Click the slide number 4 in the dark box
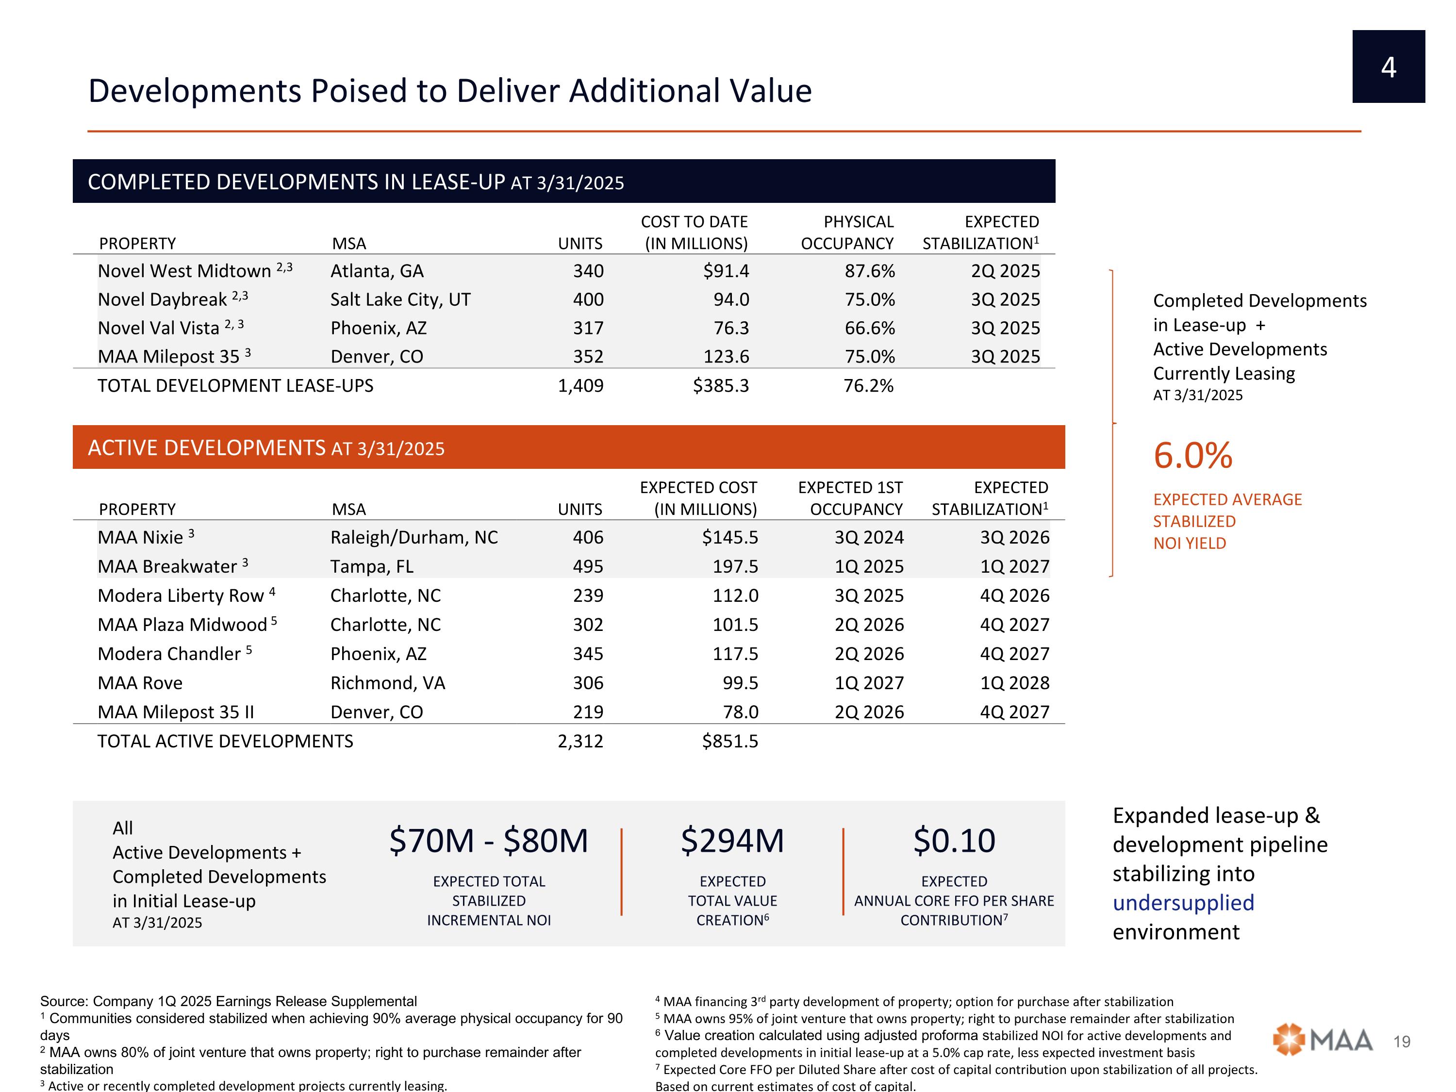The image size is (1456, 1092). [1388, 67]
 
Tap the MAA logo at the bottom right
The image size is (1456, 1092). [1323, 1040]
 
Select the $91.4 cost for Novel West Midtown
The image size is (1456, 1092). [726, 271]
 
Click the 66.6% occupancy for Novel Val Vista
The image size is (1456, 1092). [870, 328]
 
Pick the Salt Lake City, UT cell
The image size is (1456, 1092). [400, 299]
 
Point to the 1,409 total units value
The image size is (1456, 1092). [580, 386]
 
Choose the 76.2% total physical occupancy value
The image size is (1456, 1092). [868, 386]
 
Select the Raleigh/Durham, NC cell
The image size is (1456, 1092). [414, 538]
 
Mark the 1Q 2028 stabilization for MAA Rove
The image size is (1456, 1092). [1014, 683]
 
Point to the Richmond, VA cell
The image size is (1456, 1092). [388, 683]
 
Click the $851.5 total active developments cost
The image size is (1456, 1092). [730, 742]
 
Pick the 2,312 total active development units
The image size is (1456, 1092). [580, 742]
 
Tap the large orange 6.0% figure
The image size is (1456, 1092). [1193, 456]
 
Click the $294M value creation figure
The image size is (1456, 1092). [732, 841]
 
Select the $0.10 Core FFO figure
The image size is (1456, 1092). [954, 841]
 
